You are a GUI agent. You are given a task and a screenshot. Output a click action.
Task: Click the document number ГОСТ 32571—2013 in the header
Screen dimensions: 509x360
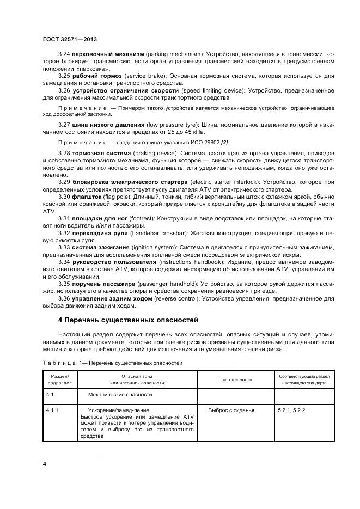[x=70, y=39]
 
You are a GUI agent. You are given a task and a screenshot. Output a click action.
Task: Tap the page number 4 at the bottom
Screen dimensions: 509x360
[x=44, y=463]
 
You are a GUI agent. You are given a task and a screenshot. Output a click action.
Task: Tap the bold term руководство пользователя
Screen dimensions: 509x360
[x=117, y=262]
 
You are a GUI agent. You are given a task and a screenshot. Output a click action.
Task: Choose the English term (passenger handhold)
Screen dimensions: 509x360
[x=157, y=284]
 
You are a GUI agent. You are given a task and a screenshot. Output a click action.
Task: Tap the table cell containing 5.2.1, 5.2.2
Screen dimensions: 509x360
[x=291, y=409]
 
